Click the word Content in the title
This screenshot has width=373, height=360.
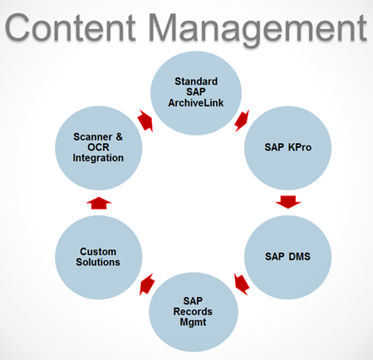point(71,28)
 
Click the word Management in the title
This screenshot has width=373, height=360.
point(258,30)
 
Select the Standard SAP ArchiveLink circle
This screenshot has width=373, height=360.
point(196,93)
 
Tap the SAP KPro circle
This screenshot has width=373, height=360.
point(287,148)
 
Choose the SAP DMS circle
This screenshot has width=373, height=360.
point(287,257)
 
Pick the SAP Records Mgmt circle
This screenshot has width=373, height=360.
point(194,312)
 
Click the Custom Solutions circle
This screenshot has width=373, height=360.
point(99,257)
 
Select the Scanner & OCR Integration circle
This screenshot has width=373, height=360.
point(99,148)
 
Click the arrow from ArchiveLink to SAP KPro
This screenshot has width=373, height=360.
point(242,121)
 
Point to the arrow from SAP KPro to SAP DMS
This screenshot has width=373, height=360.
point(288,202)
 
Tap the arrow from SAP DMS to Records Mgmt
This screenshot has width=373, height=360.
point(242,284)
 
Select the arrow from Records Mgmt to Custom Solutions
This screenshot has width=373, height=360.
point(147,284)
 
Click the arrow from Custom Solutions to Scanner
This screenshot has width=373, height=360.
point(99,203)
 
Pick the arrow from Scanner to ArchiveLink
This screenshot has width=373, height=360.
point(145,121)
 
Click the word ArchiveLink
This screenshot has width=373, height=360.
point(196,103)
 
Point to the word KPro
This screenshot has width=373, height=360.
point(300,147)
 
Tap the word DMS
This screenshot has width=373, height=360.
point(299,257)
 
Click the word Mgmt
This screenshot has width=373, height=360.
point(193,323)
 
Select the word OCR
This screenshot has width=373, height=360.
point(98,147)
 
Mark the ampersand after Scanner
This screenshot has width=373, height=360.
point(119,137)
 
